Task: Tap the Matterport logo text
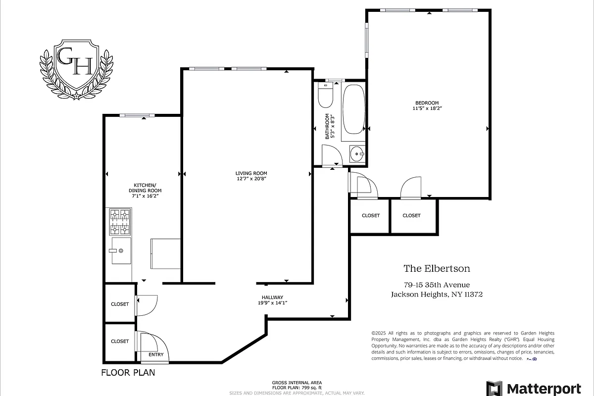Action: click(542, 388)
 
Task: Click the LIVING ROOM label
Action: click(252, 173)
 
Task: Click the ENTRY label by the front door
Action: click(156, 354)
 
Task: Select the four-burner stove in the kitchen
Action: click(120, 222)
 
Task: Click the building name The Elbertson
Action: click(437, 269)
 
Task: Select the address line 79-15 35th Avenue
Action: click(437, 285)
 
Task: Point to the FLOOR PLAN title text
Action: click(128, 373)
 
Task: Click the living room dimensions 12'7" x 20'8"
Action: click(252, 179)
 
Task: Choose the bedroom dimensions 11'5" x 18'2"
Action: click(427, 108)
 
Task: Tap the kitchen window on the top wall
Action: click(135, 116)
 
